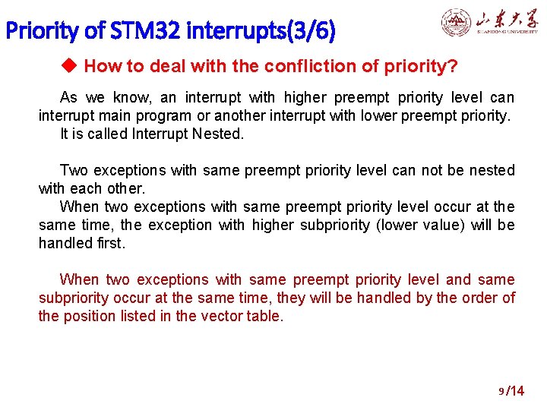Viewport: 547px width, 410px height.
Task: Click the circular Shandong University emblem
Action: click(x=457, y=22)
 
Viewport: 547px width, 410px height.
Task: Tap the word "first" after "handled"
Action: click(x=110, y=244)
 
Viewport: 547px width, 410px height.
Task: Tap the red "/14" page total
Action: click(x=516, y=392)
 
